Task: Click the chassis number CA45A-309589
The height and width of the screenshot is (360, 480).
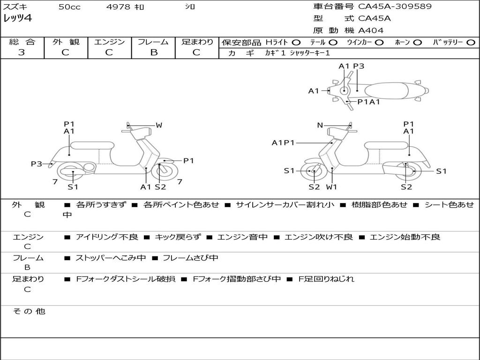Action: point(395,7)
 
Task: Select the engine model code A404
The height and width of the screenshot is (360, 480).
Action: point(371,30)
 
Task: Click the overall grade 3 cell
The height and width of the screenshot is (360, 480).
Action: point(22,52)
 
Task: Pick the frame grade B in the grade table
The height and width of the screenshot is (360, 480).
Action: point(153,52)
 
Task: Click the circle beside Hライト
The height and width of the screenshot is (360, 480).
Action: point(296,42)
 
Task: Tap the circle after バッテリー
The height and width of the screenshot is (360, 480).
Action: point(471,42)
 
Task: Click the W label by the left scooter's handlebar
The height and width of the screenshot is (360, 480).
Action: point(159,125)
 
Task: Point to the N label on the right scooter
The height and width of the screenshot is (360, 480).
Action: point(320,125)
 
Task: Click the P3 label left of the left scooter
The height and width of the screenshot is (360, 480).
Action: point(37,164)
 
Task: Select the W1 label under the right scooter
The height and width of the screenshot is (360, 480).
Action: point(332,187)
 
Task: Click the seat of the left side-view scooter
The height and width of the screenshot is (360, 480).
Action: point(92,145)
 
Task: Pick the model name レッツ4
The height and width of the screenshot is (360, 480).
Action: point(17,19)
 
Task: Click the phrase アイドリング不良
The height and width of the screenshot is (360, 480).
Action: point(107,237)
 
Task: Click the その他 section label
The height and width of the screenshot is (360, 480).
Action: point(29,311)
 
